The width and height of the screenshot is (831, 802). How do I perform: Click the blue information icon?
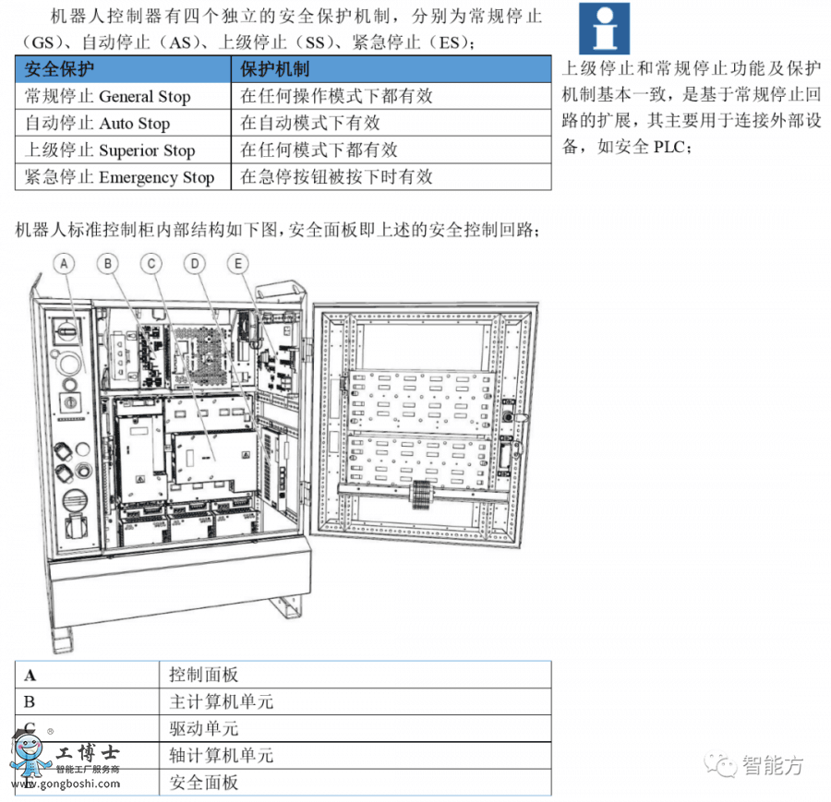[x=605, y=29]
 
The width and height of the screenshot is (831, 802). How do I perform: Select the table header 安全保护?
[x=60, y=69]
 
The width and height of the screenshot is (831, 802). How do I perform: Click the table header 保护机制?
[x=275, y=69]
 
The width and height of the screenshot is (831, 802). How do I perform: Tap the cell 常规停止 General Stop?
[x=108, y=96]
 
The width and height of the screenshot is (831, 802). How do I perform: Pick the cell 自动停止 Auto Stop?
[x=98, y=123]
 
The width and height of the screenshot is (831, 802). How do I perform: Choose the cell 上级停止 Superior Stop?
[x=110, y=150]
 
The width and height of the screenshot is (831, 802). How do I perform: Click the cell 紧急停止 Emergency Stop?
[x=119, y=177]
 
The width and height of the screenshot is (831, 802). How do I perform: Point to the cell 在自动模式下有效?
[x=310, y=123]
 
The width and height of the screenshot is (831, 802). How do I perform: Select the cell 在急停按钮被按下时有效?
[x=336, y=177]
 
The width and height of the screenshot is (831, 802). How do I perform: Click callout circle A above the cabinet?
[x=64, y=264]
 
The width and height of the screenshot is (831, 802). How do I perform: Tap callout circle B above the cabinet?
[x=109, y=264]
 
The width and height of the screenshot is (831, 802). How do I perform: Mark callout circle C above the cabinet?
[x=151, y=264]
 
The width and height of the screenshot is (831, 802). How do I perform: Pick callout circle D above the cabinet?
[x=195, y=264]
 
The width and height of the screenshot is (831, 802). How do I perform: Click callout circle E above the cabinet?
[x=238, y=264]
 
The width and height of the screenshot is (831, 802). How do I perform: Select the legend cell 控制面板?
[x=204, y=675]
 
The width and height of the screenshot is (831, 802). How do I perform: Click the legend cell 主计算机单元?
[x=222, y=701]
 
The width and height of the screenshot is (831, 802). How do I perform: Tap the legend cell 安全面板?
[x=204, y=783]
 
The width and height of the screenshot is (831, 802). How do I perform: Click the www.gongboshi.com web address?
[x=65, y=784]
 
